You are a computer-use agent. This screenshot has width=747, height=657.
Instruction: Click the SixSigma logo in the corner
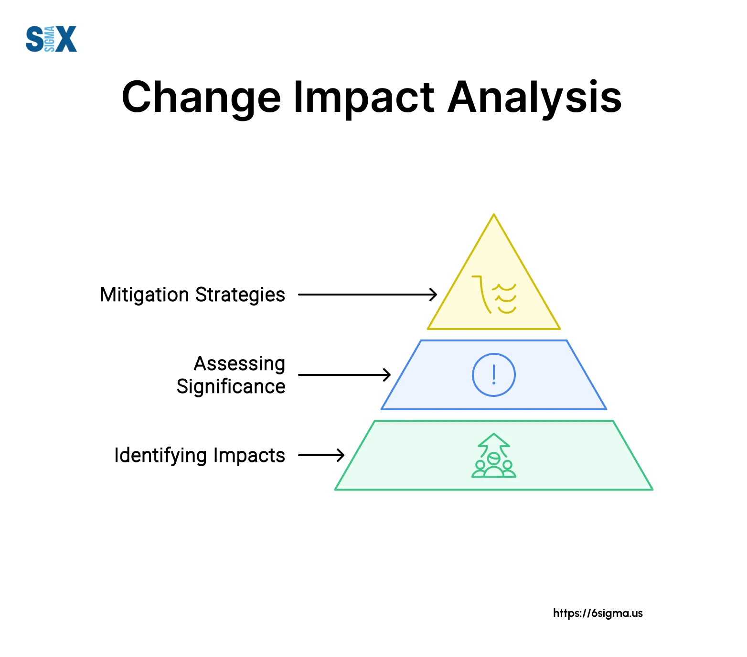tap(51, 39)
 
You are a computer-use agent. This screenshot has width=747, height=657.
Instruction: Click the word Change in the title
tap(201, 99)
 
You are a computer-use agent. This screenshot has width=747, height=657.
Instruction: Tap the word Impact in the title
tap(363, 99)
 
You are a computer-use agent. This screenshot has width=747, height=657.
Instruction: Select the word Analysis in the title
tap(534, 98)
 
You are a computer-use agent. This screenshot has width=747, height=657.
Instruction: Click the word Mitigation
tap(145, 295)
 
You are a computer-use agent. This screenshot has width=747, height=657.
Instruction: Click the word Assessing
tap(240, 364)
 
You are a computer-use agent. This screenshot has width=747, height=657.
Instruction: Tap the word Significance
tap(231, 386)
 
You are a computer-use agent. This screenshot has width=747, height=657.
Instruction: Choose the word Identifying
tap(160, 456)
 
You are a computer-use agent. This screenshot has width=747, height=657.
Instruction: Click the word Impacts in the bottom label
tap(249, 456)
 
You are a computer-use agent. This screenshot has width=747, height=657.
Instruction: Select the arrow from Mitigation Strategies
tap(367, 295)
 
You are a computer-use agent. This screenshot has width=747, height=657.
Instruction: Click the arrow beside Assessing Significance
tap(344, 375)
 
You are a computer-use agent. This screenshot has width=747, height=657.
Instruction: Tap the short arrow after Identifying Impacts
tap(321, 455)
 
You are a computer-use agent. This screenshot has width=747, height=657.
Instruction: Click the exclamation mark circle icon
tap(494, 354)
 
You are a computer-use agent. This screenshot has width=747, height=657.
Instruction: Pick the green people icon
tap(494, 466)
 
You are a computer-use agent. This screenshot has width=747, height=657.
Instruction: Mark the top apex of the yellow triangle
tap(494, 214)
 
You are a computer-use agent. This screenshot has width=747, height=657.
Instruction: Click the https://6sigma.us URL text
tap(598, 613)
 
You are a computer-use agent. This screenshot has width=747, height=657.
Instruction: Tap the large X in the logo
tap(66, 39)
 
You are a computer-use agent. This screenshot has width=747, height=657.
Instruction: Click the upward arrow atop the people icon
tap(494, 442)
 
